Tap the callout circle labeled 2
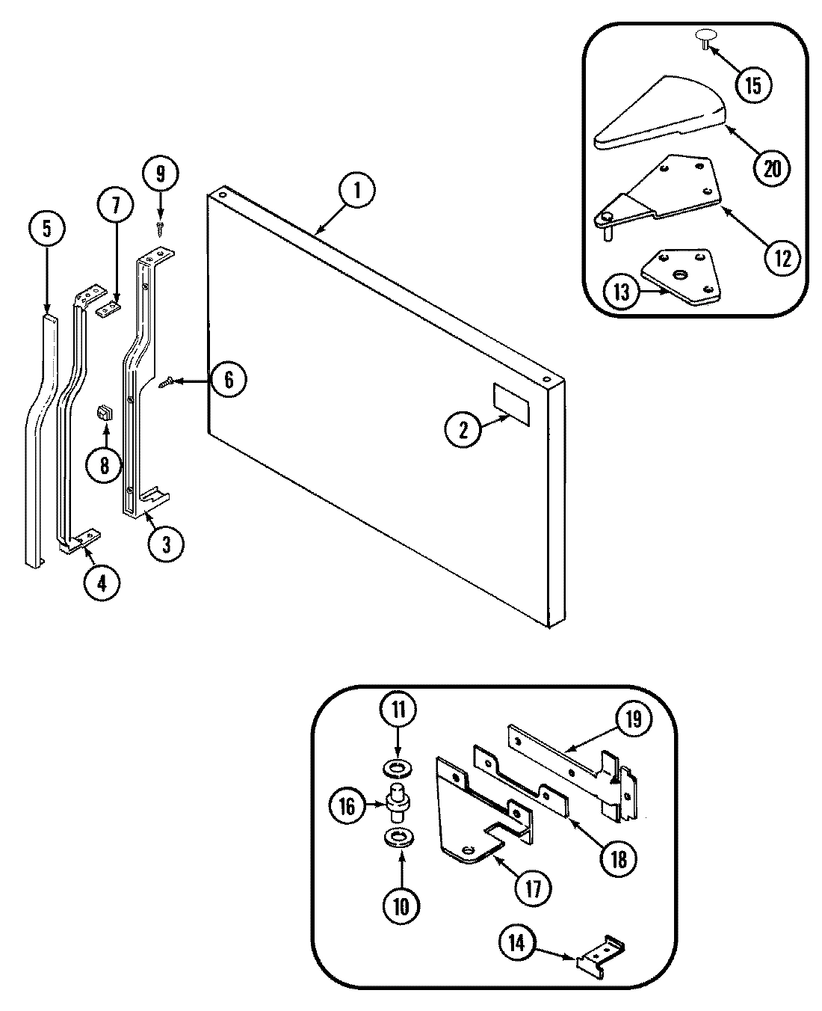(463, 430)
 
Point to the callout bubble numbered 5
(47, 230)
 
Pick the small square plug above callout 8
(105, 413)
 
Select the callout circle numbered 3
(166, 544)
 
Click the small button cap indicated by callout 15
(705, 37)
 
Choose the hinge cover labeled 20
(661, 112)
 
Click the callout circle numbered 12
(782, 258)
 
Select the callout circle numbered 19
(632, 720)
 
